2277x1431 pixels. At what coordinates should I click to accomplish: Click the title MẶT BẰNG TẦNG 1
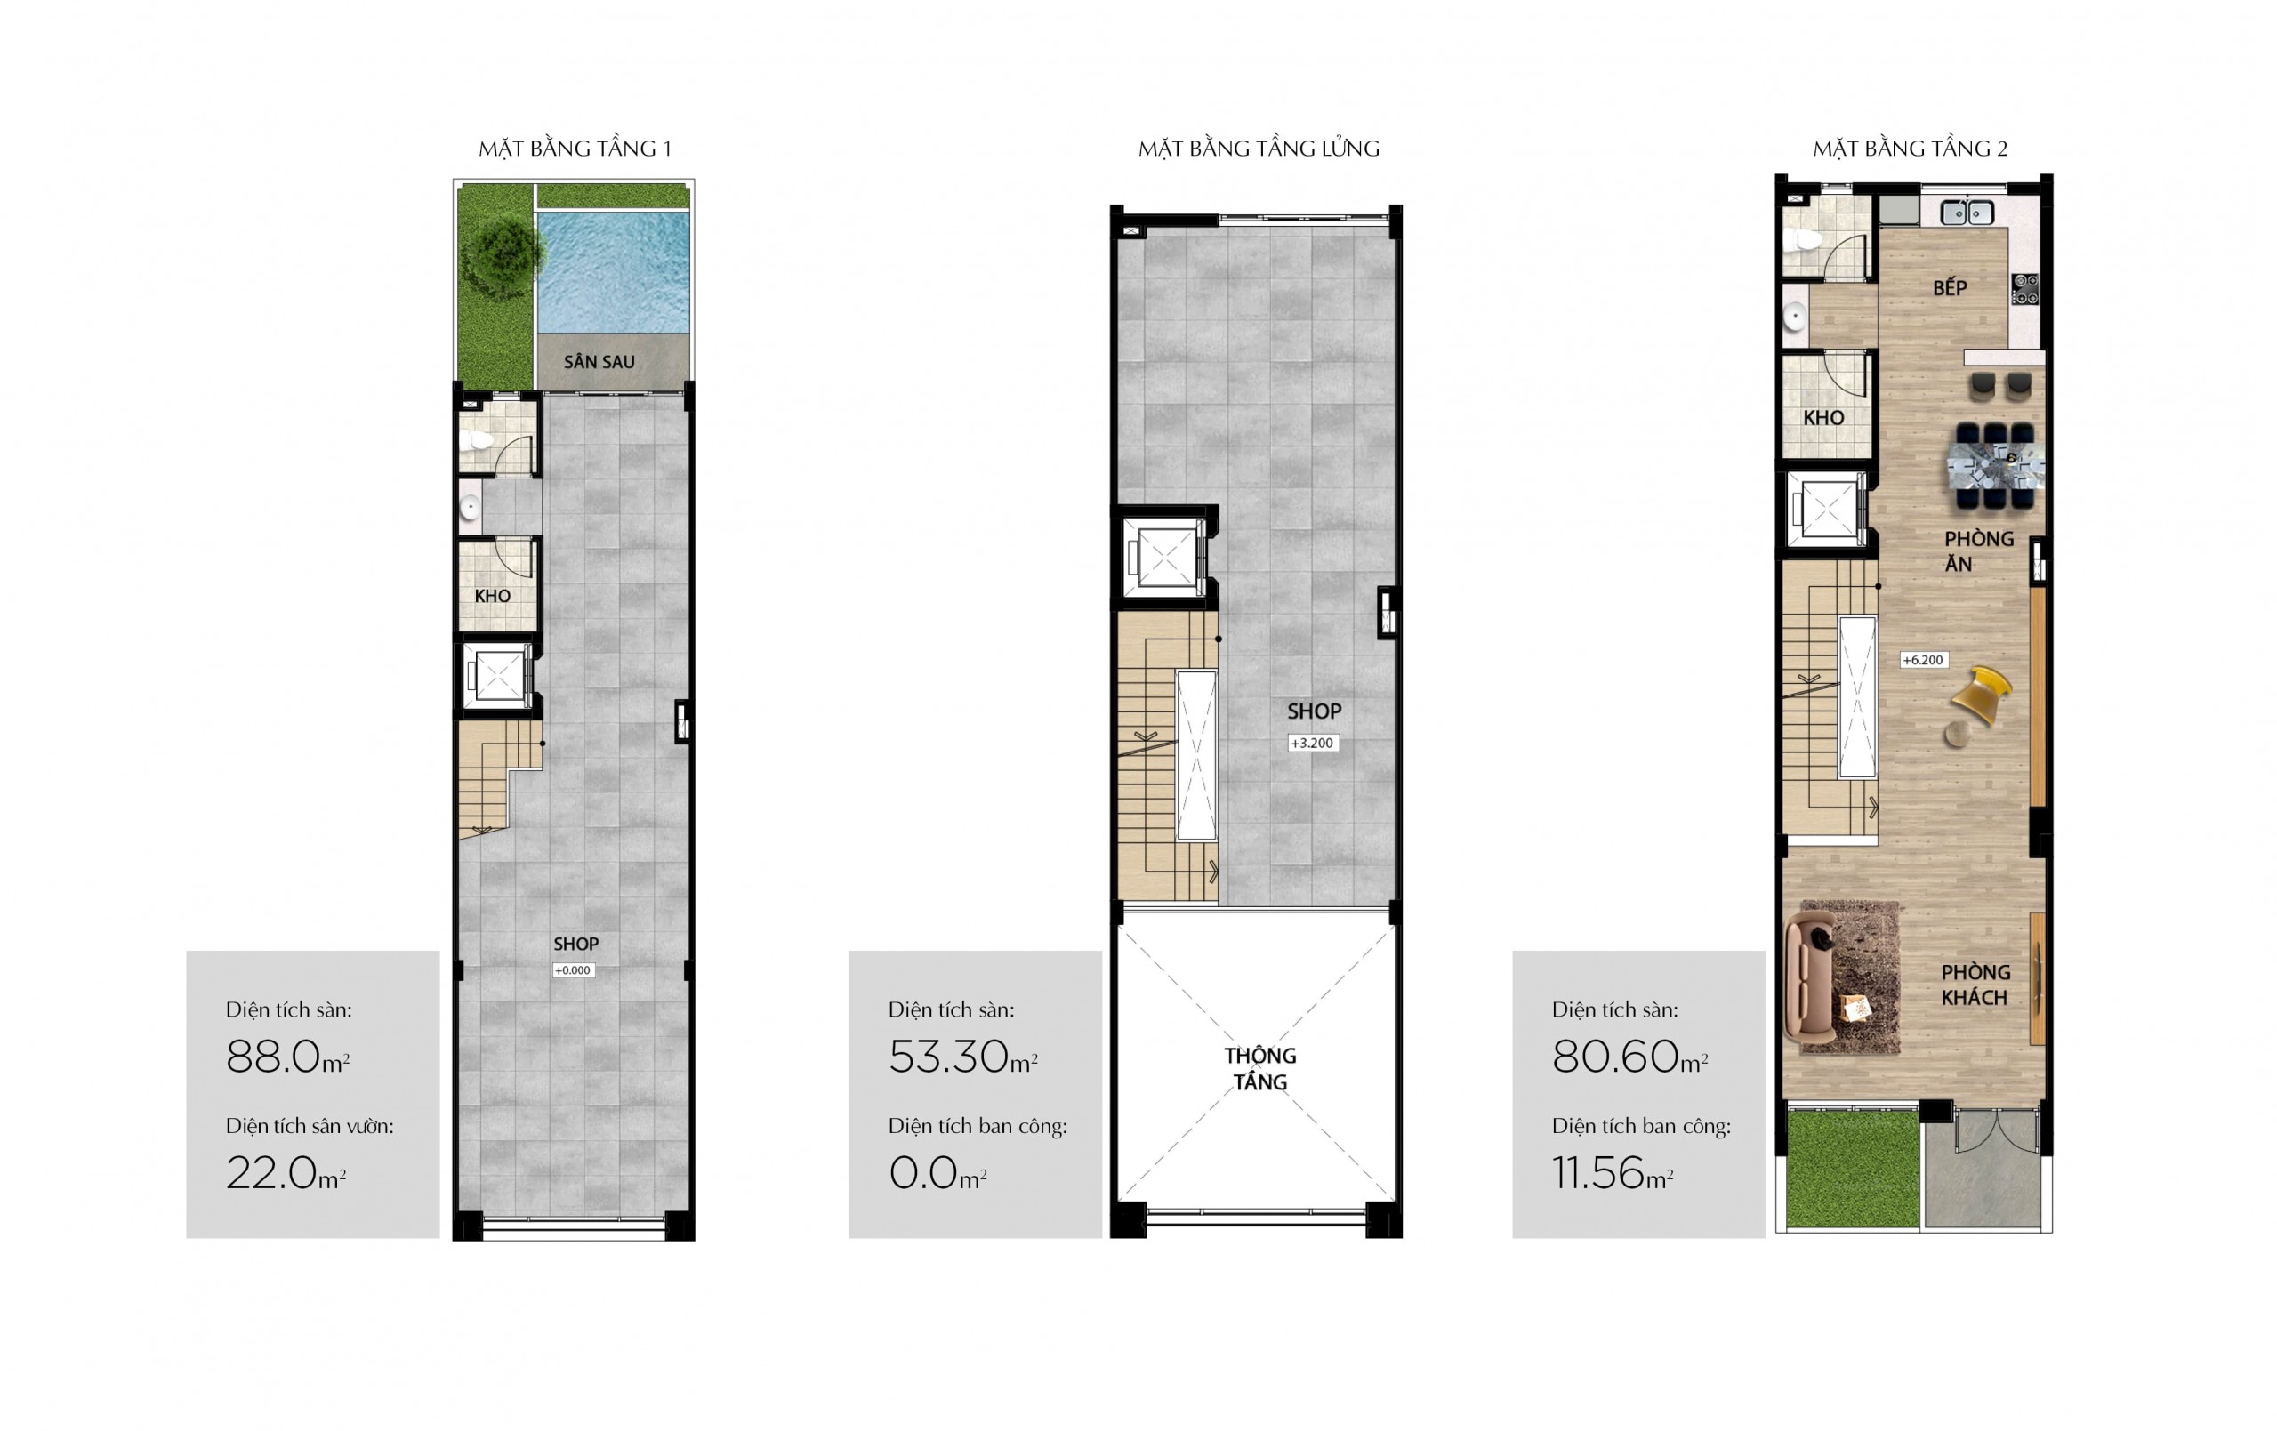coord(574,149)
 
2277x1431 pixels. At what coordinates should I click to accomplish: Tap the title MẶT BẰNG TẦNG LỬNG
coord(1259,149)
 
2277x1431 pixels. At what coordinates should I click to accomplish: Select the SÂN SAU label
coord(599,361)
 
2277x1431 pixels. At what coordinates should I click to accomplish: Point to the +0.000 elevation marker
coord(573,970)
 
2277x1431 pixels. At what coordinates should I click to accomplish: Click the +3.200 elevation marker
coord(1313,744)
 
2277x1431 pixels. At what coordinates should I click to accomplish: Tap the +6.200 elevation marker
coord(1923,660)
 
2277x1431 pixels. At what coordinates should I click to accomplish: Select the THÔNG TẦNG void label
coord(1260,1069)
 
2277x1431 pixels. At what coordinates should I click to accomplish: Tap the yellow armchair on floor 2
coord(1983,695)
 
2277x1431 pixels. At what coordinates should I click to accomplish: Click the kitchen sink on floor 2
coord(1967,213)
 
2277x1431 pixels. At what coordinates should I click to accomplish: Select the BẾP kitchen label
coord(1950,286)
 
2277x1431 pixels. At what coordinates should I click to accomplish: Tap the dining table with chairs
coord(1995,466)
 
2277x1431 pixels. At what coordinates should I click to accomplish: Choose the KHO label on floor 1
coord(493,596)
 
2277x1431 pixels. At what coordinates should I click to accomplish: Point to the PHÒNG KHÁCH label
coord(1975,985)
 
